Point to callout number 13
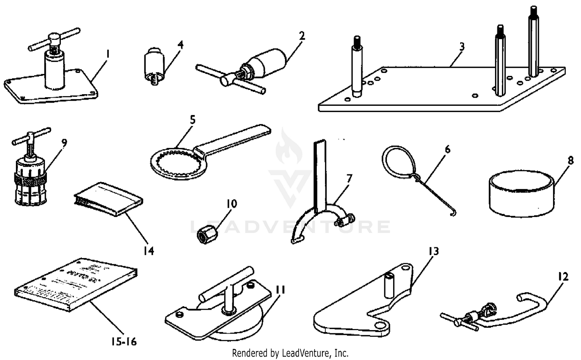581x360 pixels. point(433,251)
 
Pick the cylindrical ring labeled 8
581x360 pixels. point(521,194)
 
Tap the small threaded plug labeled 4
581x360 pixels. point(153,66)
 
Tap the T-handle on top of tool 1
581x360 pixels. point(54,39)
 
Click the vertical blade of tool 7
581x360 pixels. point(320,174)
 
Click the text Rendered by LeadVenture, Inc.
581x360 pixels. point(290,353)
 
